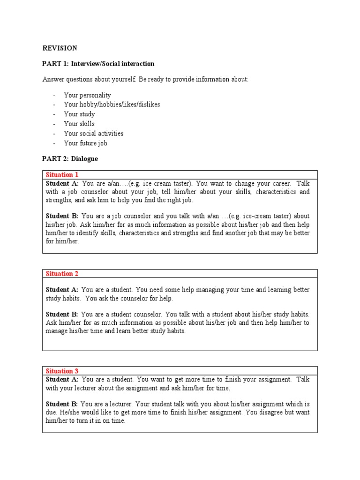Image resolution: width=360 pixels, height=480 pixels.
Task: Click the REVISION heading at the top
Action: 60,48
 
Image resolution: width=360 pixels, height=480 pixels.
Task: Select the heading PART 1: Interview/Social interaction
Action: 98,64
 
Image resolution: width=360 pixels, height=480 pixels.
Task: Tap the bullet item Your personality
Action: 87,95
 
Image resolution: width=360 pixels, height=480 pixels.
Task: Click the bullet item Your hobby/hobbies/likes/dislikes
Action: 112,105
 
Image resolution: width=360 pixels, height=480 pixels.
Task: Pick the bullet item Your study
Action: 79,114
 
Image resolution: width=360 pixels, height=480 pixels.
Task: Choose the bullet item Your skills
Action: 79,124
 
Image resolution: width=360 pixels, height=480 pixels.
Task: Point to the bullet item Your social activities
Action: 93,134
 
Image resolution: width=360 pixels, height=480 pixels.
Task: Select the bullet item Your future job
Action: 85,143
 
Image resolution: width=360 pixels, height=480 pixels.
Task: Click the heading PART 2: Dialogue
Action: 70,159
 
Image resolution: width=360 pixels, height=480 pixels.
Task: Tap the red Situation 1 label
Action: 59,175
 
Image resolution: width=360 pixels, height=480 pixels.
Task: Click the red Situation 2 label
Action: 59,274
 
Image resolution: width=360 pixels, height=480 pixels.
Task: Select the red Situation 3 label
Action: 59,371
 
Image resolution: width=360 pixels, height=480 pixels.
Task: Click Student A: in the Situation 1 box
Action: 62,183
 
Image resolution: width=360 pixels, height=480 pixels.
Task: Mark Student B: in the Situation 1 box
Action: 62,216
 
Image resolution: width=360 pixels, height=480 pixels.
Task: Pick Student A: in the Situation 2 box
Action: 62,290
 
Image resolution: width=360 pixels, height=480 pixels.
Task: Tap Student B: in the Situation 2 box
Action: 62,315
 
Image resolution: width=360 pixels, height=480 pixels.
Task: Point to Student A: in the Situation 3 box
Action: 62,379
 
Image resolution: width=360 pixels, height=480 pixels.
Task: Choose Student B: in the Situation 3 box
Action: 62,404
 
